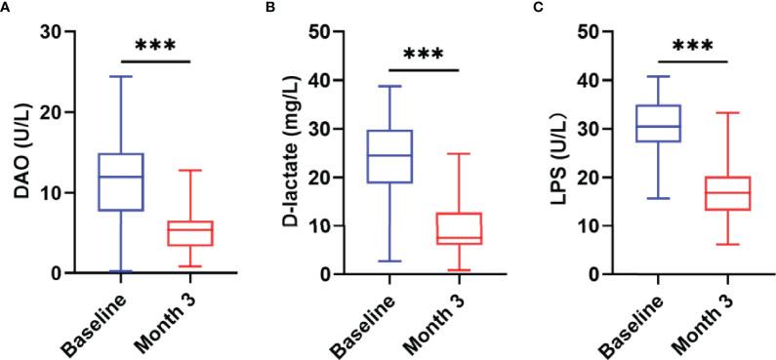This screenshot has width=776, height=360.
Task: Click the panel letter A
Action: (x=6, y=7)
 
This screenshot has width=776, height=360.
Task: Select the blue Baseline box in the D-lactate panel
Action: (x=388, y=156)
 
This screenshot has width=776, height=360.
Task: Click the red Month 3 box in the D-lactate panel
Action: (x=458, y=228)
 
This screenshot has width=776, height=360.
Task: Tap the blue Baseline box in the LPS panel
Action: (x=657, y=123)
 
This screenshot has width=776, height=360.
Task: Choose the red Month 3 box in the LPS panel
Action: (x=727, y=193)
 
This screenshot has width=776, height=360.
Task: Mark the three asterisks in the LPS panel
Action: (x=692, y=47)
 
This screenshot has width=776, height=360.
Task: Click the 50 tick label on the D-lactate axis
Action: (x=317, y=31)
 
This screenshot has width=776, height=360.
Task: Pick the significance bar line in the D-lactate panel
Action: (x=423, y=68)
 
